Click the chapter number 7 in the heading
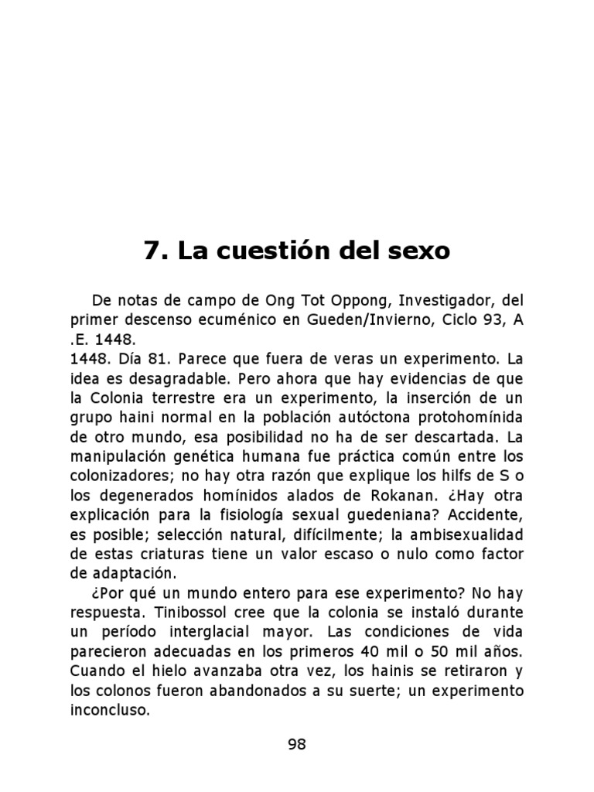152,251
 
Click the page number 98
297,744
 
